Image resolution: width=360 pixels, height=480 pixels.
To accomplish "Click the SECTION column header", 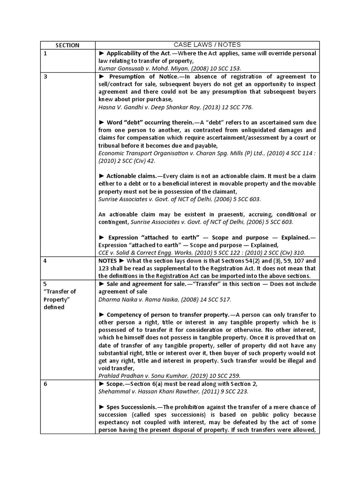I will coord(67,45).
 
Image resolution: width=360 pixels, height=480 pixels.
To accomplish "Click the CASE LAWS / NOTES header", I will coord(207,45).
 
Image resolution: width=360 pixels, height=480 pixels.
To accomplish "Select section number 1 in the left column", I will coord(45,53).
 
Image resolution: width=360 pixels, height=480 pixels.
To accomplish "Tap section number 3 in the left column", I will coord(45,76).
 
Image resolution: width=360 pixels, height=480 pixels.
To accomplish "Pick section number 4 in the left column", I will coord(45,261).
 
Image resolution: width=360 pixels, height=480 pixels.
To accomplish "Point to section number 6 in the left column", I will coord(45,384).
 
